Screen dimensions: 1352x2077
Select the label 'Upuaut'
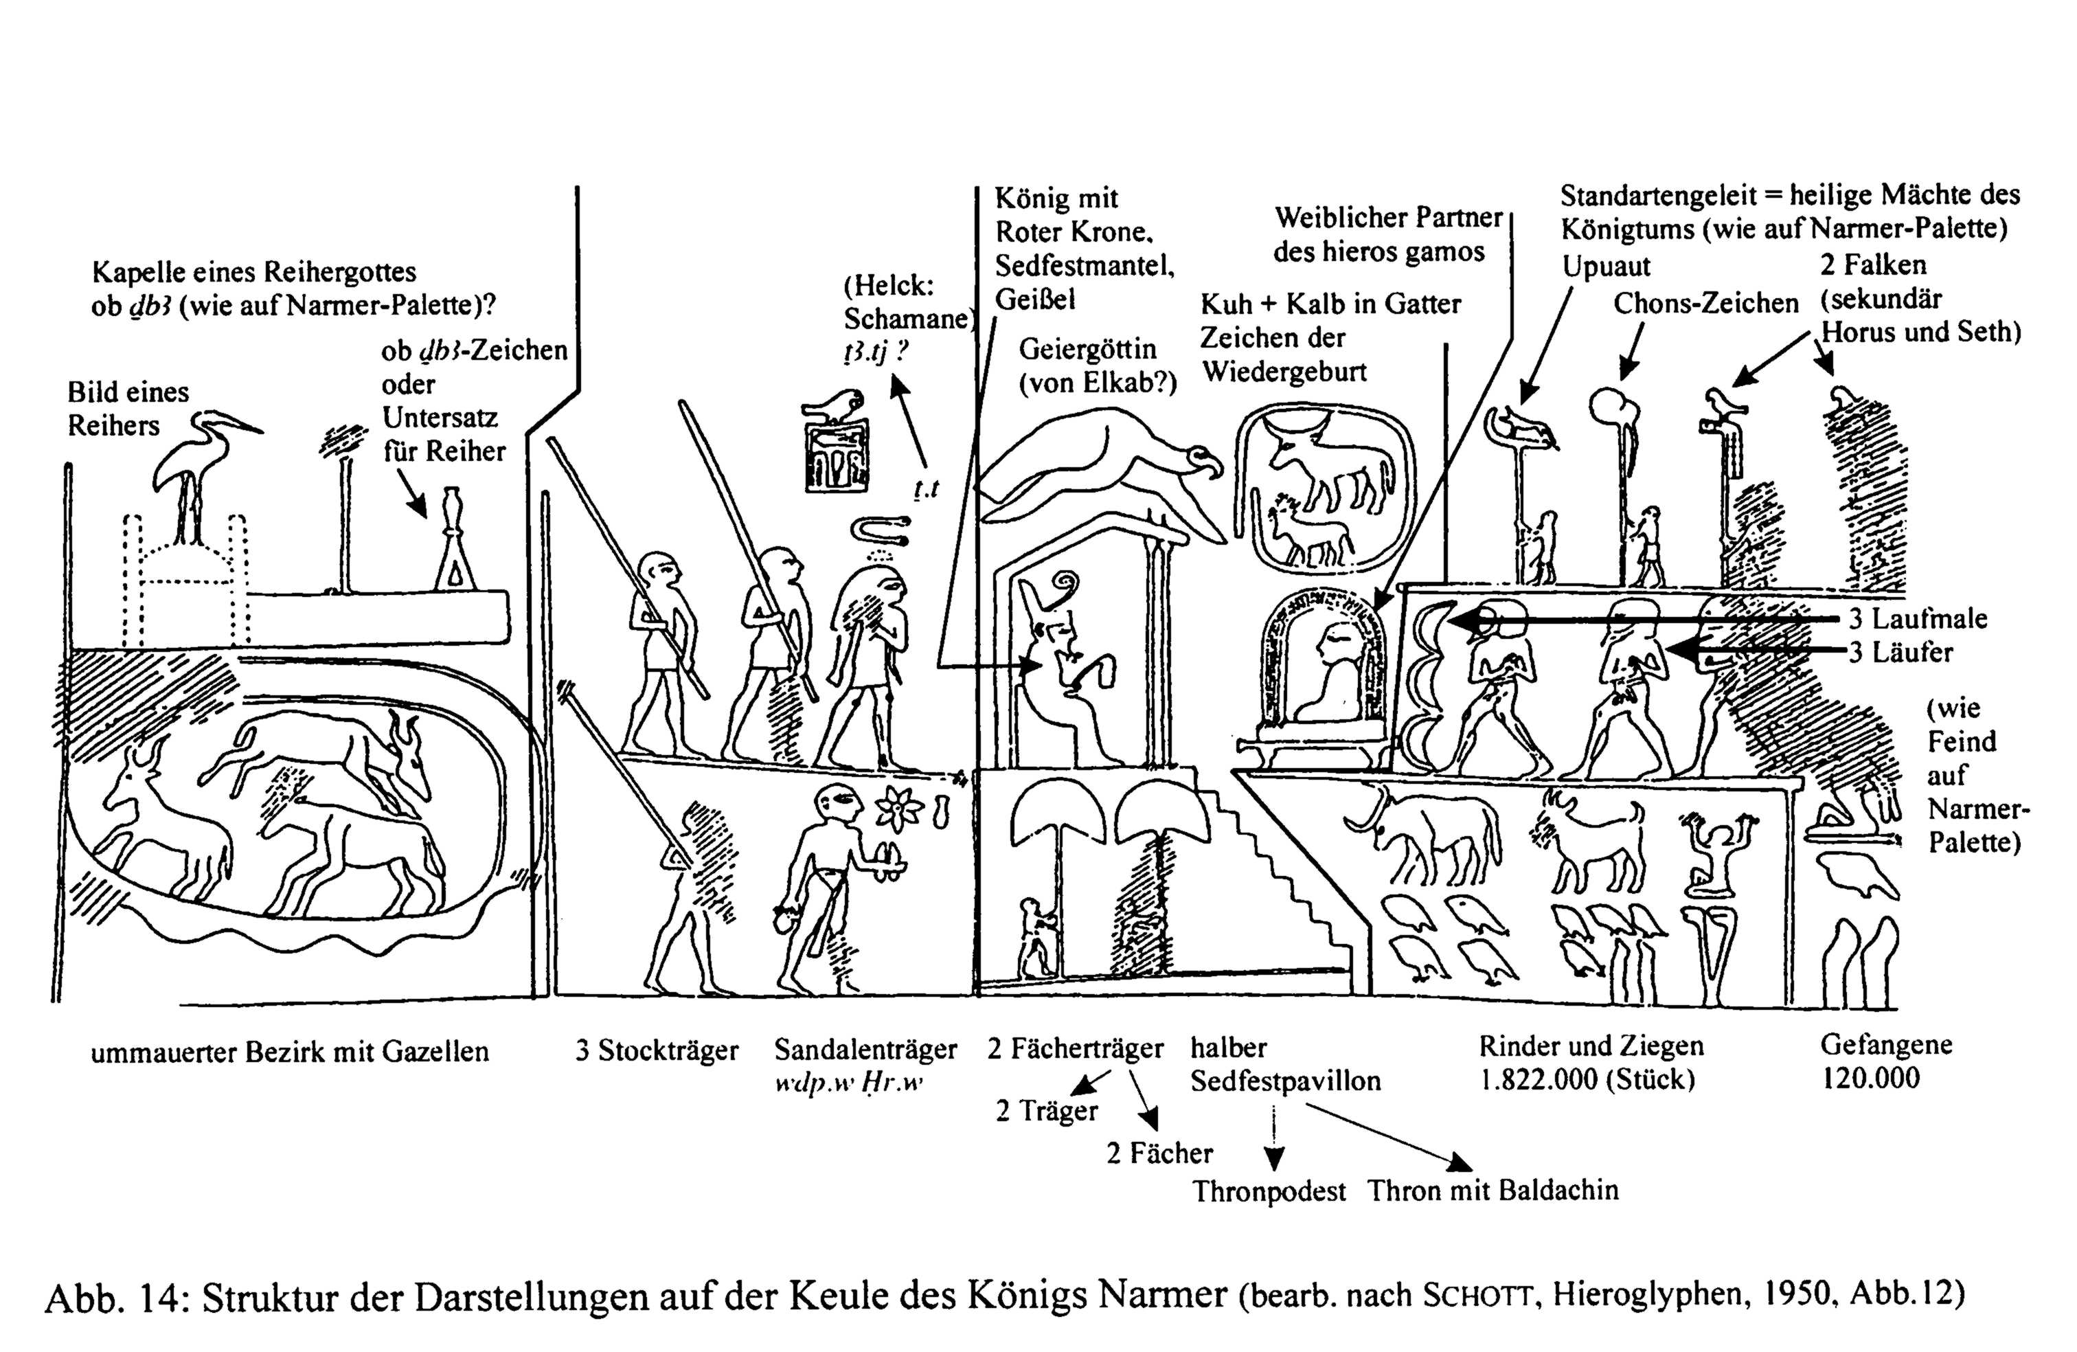(x=1606, y=265)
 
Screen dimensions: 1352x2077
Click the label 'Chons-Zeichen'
(x=1705, y=304)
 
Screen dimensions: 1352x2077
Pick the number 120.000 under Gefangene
(x=1870, y=1078)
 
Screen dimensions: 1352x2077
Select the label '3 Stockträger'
(x=656, y=1050)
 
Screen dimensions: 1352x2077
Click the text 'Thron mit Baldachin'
(x=1493, y=1190)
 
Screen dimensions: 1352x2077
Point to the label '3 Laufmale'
(x=1917, y=619)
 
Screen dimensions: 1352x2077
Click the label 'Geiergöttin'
(x=1087, y=349)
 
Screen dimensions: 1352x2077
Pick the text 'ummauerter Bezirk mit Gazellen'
(x=290, y=1052)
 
